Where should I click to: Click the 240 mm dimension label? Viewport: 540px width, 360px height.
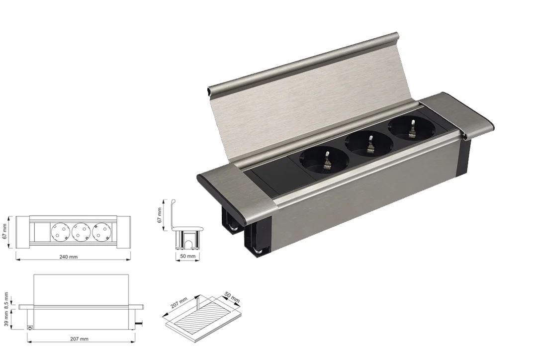(69, 257)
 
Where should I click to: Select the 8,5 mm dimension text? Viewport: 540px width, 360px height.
(6, 299)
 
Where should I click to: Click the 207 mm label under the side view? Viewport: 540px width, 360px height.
(79, 339)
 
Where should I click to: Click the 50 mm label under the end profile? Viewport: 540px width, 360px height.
(188, 256)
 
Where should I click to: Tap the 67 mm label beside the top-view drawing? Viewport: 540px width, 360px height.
(4, 231)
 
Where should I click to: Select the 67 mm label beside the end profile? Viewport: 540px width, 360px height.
(160, 215)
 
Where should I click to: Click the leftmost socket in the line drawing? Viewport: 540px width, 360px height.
(60, 231)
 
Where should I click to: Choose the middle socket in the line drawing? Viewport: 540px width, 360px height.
(81, 231)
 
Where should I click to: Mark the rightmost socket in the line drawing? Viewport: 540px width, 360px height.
(101, 231)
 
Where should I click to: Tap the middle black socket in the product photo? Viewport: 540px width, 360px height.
(369, 143)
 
